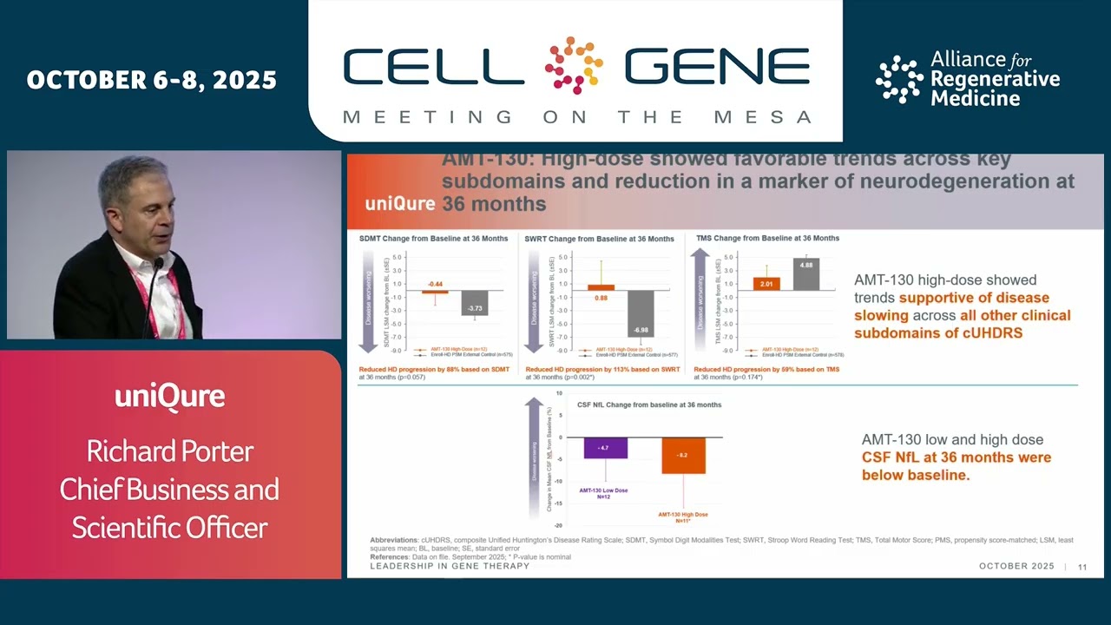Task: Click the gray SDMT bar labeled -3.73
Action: click(x=475, y=303)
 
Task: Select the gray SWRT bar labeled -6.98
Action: click(x=641, y=313)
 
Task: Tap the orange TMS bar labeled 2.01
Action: click(x=766, y=283)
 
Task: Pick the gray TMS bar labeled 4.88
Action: click(x=805, y=273)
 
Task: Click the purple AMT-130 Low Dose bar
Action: click(x=605, y=448)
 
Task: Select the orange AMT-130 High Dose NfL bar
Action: click(x=683, y=456)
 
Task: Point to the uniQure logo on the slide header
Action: click(x=399, y=204)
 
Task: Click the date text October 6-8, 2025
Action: click(x=152, y=81)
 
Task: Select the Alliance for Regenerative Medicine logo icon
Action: click(x=898, y=79)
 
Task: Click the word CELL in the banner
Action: click(x=433, y=67)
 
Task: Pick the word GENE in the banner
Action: click(x=716, y=67)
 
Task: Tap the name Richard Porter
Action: click(x=170, y=451)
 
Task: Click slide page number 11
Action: click(x=1082, y=567)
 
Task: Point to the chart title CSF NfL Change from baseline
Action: click(x=649, y=405)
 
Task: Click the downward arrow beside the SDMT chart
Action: click(x=368, y=299)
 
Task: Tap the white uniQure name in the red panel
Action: click(x=170, y=397)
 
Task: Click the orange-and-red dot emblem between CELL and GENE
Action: click(x=574, y=65)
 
